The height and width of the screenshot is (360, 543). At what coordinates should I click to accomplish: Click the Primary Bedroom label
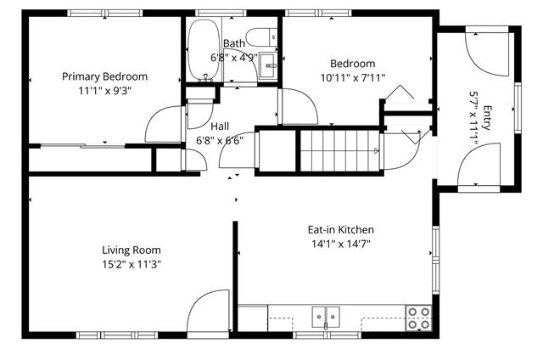coord(104,76)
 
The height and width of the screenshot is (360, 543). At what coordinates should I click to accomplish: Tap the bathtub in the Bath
coord(204,49)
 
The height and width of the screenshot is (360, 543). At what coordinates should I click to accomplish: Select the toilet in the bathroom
coord(261,37)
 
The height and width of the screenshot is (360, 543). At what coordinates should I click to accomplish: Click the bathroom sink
coord(268,65)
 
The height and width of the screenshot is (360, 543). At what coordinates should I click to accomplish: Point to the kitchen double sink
coord(326,317)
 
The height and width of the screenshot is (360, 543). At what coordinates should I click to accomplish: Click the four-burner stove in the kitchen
coord(418,318)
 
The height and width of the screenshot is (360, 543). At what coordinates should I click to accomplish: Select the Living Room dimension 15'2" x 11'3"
coord(132,265)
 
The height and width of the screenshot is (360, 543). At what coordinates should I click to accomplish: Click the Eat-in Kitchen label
coord(341,229)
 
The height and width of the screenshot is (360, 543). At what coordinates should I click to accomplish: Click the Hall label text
coord(220,127)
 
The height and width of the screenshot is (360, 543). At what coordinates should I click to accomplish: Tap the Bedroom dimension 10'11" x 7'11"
coord(353,77)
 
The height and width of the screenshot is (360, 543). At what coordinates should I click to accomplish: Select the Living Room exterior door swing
coord(208,311)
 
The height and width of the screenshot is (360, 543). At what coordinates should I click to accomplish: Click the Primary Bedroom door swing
coord(163,124)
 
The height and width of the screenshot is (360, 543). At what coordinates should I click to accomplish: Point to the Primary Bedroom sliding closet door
coord(83,146)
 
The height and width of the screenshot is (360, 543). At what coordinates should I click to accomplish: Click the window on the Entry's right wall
coord(518,108)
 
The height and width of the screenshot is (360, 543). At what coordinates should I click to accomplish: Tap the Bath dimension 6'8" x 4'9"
coord(234,58)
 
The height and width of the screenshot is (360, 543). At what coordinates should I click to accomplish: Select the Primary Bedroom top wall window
coord(104,14)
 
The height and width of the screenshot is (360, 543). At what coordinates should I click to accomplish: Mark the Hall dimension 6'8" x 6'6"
coord(220,141)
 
